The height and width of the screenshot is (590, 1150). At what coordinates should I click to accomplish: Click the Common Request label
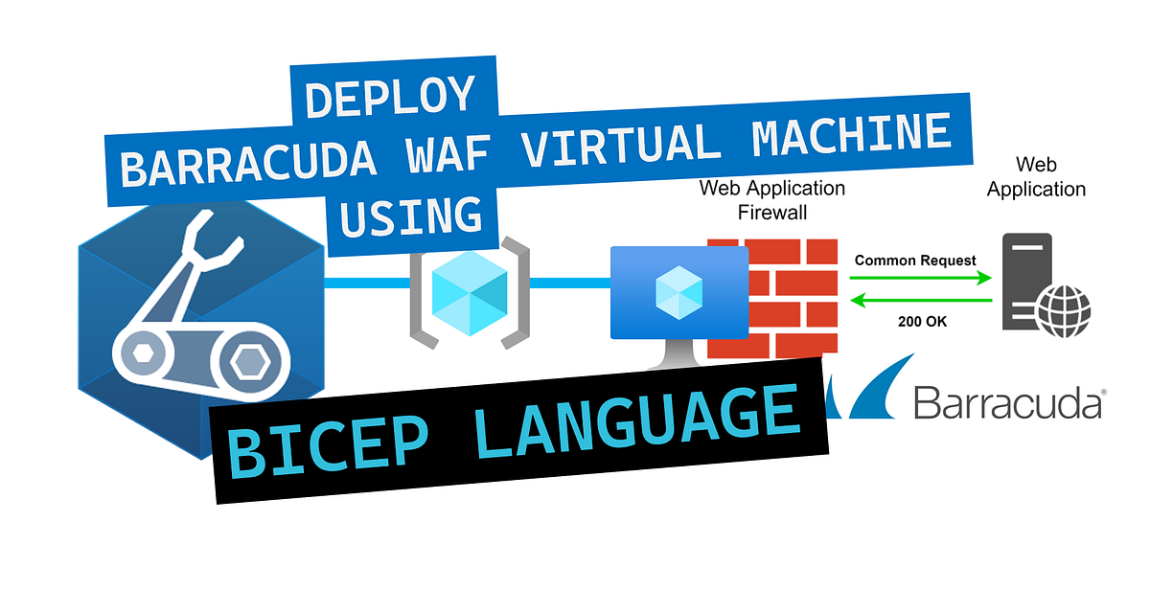[x=915, y=261]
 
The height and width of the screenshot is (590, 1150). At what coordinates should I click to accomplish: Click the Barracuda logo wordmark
[x=1006, y=402]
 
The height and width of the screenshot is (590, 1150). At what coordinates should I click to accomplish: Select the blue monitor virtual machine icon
[x=679, y=292]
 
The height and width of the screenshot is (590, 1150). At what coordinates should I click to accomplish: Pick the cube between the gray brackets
[x=470, y=287]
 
